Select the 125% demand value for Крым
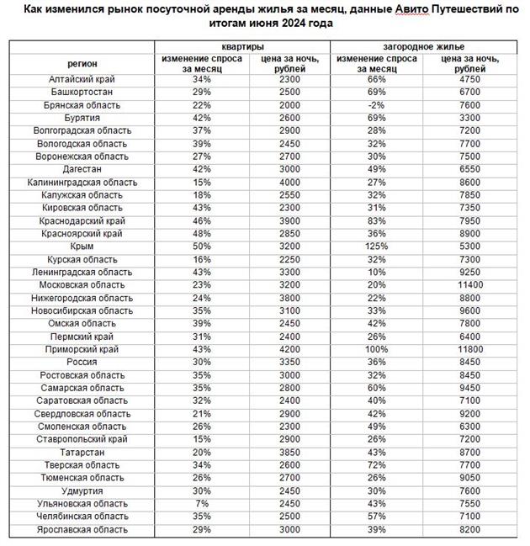375,247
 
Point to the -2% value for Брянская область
375,105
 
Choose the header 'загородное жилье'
421,47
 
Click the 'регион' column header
82,63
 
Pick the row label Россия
82,362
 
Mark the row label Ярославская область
82,529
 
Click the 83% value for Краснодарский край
375,221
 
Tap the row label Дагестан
82,169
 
